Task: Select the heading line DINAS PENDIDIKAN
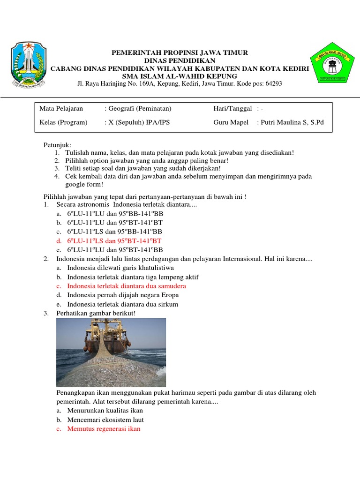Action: pyautogui.click(x=180, y=60)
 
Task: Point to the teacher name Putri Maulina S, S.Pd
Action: pyautogui.click(x=292, y=122)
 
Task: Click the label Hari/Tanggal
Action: pyautogui.click(x=232, y=109)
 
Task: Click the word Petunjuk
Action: pyautogui.click(x=57, y=145)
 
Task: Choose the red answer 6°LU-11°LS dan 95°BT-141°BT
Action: pyautogui.click(x=115, y=240)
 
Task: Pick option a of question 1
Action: pyautogui.click(x=115, y=213)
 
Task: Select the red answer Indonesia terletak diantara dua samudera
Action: pyautogui.click(x=127, y=286)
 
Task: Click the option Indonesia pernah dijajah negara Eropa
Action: pyautogui.click(x=123, y=295)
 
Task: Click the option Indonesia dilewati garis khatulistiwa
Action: pyautogui.click(x=120, y=268)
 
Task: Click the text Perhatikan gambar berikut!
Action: pyautogui.click(x=96, y=313)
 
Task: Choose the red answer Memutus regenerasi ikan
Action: pyautogui.click(x=104, y=429)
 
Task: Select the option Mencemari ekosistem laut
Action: pyautogui.click(x=105, y=420)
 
